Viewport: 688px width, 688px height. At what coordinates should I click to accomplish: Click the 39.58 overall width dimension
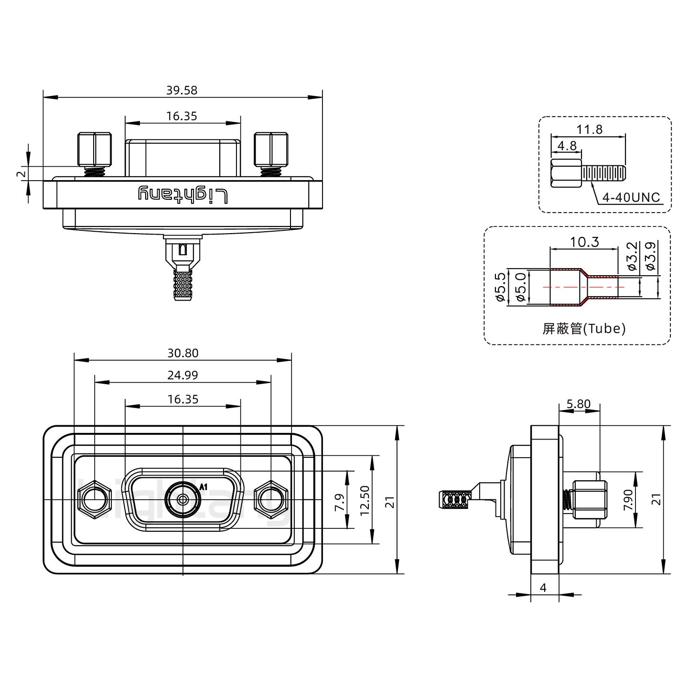click(x=182, y=90)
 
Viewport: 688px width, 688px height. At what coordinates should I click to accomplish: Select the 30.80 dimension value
click(x=183, y=353)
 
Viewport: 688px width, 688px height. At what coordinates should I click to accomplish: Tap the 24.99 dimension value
click(x=183, y=375)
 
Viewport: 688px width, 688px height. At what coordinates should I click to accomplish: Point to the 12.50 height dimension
click(x=365, y=500)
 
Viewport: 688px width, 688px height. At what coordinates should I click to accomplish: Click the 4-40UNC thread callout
click(x=631, y=197)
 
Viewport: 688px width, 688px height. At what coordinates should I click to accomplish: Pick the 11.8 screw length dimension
click(x=589, y=129)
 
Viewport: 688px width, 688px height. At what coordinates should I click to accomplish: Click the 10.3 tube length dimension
click(x=584, y=242)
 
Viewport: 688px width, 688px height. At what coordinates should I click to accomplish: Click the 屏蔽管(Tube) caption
click(x=584, y=328)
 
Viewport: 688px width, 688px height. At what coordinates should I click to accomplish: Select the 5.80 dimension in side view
click(x=578, y=404)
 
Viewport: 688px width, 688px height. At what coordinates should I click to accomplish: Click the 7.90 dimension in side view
click(x=628, y=500)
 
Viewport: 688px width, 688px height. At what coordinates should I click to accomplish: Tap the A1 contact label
click(x=204, y=487)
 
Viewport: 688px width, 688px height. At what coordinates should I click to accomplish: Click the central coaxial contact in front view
click(x=183, y=500)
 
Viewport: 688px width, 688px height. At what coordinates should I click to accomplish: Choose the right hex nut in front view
click(x=271, y=500)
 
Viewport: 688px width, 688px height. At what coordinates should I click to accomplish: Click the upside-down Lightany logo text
click(x=183, y=194)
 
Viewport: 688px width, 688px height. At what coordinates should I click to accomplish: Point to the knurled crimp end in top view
click(x=182, y=285)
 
